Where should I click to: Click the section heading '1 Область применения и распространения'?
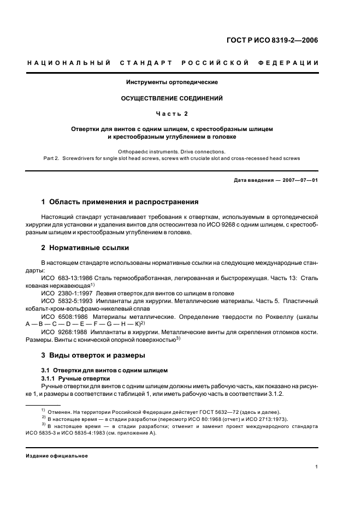[x=120, y=202]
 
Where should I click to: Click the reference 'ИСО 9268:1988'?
[x=63, y=331]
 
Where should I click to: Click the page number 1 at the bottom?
[x=317, y=467]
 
